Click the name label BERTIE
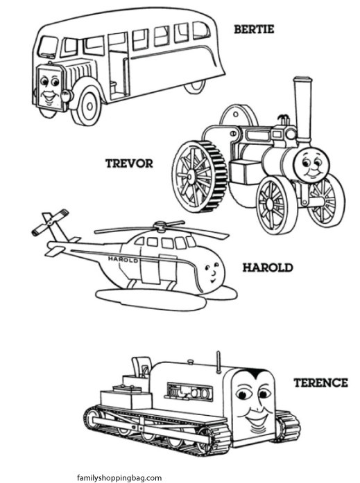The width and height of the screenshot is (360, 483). coord(254,30)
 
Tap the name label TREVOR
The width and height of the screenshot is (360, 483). coord(130,164)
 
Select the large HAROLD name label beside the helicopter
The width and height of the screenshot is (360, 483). coord(268,267)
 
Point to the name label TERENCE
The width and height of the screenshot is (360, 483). coord(320,383)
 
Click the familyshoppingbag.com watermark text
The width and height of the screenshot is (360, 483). coord(119,477)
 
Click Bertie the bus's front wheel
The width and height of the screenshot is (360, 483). coord(87,105)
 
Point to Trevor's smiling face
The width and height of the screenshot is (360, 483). coord(312,166)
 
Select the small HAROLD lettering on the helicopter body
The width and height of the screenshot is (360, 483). coord(123,259)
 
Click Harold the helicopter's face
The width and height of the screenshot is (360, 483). coord(212,272)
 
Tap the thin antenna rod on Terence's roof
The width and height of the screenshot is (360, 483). coord(218,361)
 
